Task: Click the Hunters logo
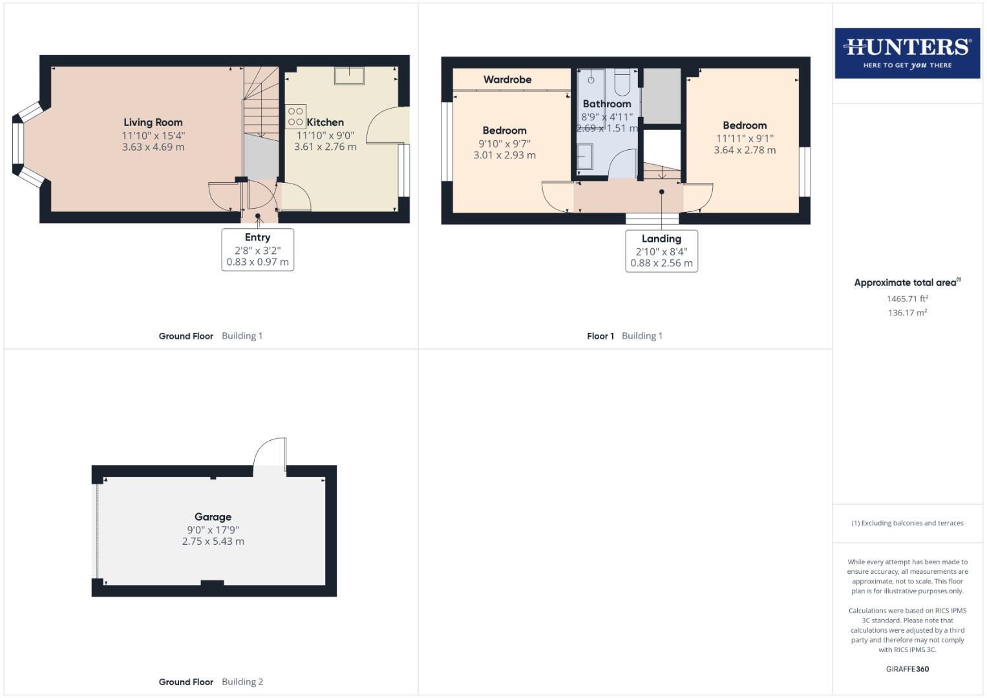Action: point(907,53)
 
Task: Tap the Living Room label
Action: point(153,122)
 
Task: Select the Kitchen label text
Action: point(325,122)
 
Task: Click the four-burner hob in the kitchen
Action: point(295,116)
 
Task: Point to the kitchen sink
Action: point(349,75)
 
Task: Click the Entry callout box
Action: point(257,249)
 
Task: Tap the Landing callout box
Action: point(661,251)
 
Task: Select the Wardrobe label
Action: point(507,79)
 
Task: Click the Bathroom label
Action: point(606,103)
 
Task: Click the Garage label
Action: point(213,516)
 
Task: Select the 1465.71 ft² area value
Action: point(907,299)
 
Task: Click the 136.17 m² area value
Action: point(907,313)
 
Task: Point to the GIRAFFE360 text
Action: point(907,669)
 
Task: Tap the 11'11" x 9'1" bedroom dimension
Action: point(745,138)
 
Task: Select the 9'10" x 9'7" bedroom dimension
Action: point(504,143)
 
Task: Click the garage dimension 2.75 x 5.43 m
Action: point(213,542)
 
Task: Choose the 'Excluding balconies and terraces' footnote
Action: point(907,523)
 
